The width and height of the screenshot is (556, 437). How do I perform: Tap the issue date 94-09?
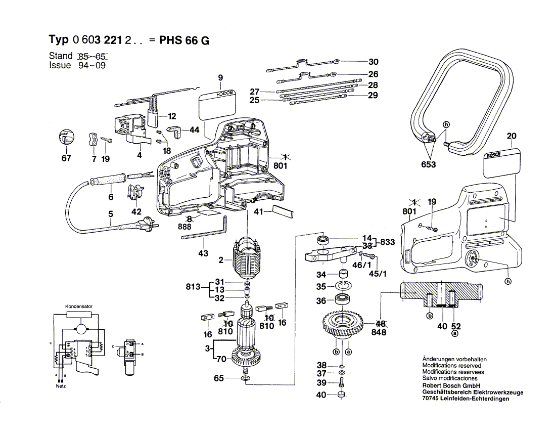tap(91, 66)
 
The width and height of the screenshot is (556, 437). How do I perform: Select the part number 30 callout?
tap(373, 62)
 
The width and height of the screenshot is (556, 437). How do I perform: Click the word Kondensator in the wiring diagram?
tap(78, 307)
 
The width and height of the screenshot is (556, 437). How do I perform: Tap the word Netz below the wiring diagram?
tap(61, 386)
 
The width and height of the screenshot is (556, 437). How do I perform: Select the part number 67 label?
tap(67, 158)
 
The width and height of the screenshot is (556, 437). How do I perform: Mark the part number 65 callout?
tap(218, 378)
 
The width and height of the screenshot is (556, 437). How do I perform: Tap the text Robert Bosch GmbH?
tap(451, 385)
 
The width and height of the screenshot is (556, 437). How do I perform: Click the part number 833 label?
tap(388, 242)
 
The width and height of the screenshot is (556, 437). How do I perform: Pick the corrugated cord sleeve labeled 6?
tap(108, 181)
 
